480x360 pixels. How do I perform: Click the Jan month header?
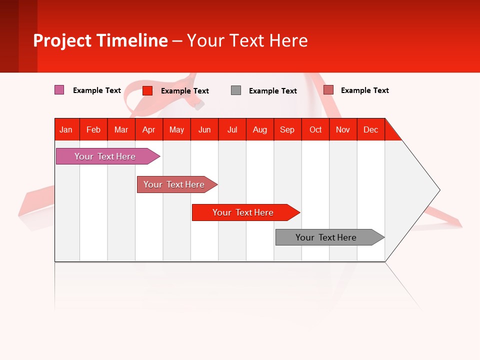click(x=66, y=129)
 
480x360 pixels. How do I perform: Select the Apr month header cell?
click(x=149, y=129)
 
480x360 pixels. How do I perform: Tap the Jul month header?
click(x=232, y=129)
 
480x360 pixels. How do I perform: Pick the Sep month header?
click(x=287, y=129)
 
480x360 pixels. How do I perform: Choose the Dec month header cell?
click(x=370, y=129)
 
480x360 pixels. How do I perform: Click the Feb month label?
click(x=93, y=129)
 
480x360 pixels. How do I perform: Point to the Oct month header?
click(x=315, y=129)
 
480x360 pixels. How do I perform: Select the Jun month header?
click(x=204, y=129)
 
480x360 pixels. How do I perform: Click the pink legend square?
click(x=59, y=90)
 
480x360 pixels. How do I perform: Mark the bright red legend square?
click(x=147, y=90)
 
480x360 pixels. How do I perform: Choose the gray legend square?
click(x=236, y=90)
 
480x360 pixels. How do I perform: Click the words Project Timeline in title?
click(x=100, y=40)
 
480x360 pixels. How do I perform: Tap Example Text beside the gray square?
click(x=272, y=91)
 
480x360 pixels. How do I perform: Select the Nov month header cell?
click(x=343, y=129)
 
